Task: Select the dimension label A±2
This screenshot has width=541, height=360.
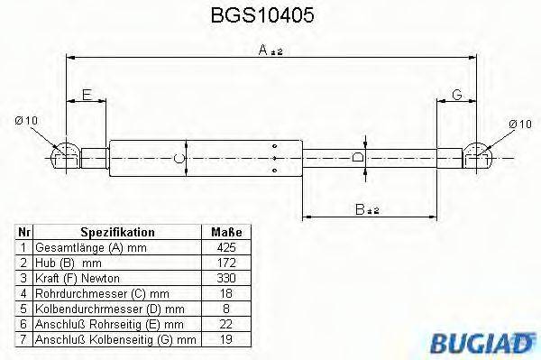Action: tap(270, 51)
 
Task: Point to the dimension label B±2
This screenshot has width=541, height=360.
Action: tap(366, 210)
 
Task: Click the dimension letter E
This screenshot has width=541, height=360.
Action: tap(87, 95)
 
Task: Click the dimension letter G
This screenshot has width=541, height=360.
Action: tap(457, 95)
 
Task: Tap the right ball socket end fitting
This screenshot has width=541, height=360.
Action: tap(477, 155)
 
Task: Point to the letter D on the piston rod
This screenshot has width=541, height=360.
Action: tap(358, 158)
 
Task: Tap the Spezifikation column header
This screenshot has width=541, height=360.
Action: tap(117, 231)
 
